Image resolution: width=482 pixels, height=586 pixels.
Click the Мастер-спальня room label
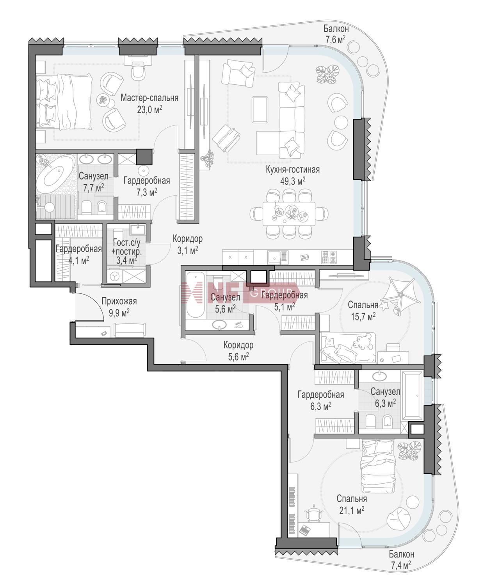pyautogui.click(x=149, y=98)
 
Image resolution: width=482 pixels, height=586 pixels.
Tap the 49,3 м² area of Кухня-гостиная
pyautogui.click(x=293, y=181)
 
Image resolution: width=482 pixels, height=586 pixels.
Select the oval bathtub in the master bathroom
pyautogui.click(x=56, y=174)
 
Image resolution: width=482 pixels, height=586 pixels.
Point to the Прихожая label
pyautogui.click(x=119, y=301)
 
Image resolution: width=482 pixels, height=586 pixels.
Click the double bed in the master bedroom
pyautogui.click(x=64, y=102)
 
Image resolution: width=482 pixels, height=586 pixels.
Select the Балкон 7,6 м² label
pyautogui.click(x=336, y=34)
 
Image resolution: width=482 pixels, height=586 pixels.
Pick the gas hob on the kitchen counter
pyautogui.click(x=329, y=257)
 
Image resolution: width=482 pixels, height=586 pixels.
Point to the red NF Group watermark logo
pyautogui.click(x=239, y=293)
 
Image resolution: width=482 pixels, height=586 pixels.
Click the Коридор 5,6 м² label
pyautogui.click(x=238, y=351)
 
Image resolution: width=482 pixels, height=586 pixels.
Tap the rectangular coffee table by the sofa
pyautogui.click(x=260, y=109)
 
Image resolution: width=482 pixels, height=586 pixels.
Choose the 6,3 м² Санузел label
pyautogui.click(x=385, y=397)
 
